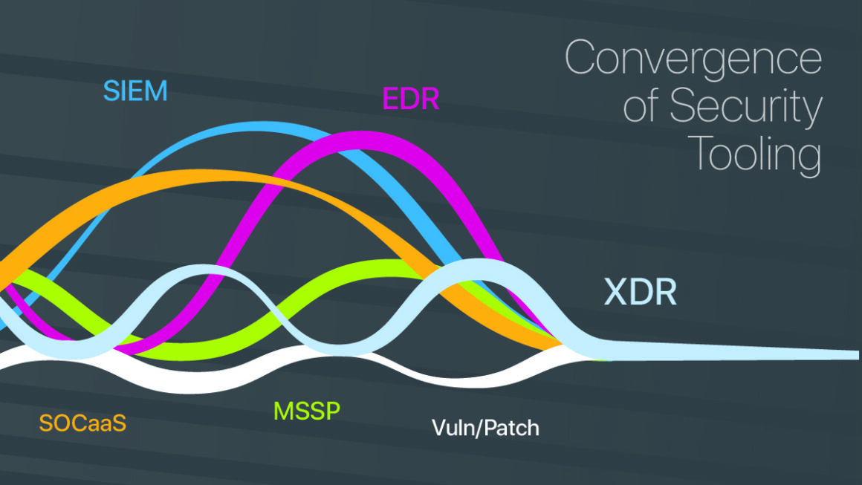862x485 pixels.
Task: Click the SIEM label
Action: (x=135, y=91)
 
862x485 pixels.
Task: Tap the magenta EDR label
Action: (x=411, y=99)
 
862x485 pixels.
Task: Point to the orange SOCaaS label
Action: (x=82, y=423)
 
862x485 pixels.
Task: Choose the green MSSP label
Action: (x=307, y=410)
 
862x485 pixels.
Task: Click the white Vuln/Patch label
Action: (x=485, y=428)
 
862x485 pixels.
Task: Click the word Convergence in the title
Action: (x=693, y=59)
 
